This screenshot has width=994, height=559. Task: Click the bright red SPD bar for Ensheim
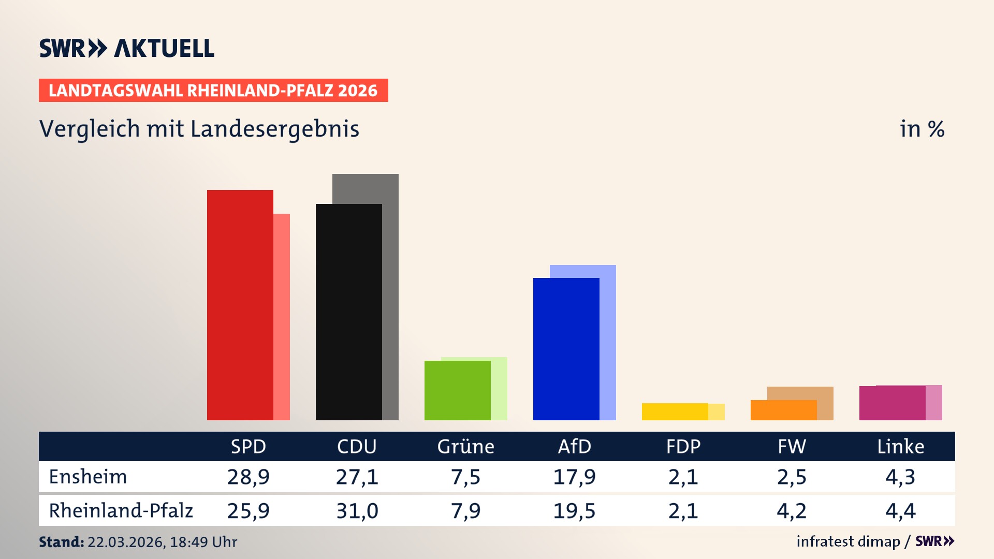240,305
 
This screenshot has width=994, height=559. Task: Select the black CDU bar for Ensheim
348,312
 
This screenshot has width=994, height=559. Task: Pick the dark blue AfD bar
566,349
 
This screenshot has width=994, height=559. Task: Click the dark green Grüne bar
457,391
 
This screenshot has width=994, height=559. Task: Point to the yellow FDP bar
675,411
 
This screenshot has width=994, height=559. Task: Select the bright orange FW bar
783,410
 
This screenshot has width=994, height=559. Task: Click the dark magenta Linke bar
892,403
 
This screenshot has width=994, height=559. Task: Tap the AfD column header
574,446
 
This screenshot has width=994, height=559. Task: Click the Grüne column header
465,446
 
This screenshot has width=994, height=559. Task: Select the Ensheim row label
88,477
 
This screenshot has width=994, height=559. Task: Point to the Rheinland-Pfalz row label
121,511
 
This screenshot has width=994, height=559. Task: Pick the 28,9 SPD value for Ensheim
248,477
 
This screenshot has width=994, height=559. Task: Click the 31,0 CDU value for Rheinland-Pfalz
357,511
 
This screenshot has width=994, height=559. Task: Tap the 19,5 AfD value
574,511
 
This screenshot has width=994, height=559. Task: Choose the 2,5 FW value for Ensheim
792,477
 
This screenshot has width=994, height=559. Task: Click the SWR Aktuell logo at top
127,48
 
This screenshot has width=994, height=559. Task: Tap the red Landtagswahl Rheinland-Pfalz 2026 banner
213,91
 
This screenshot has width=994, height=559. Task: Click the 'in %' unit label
922,129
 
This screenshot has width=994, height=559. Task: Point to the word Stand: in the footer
61,542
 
